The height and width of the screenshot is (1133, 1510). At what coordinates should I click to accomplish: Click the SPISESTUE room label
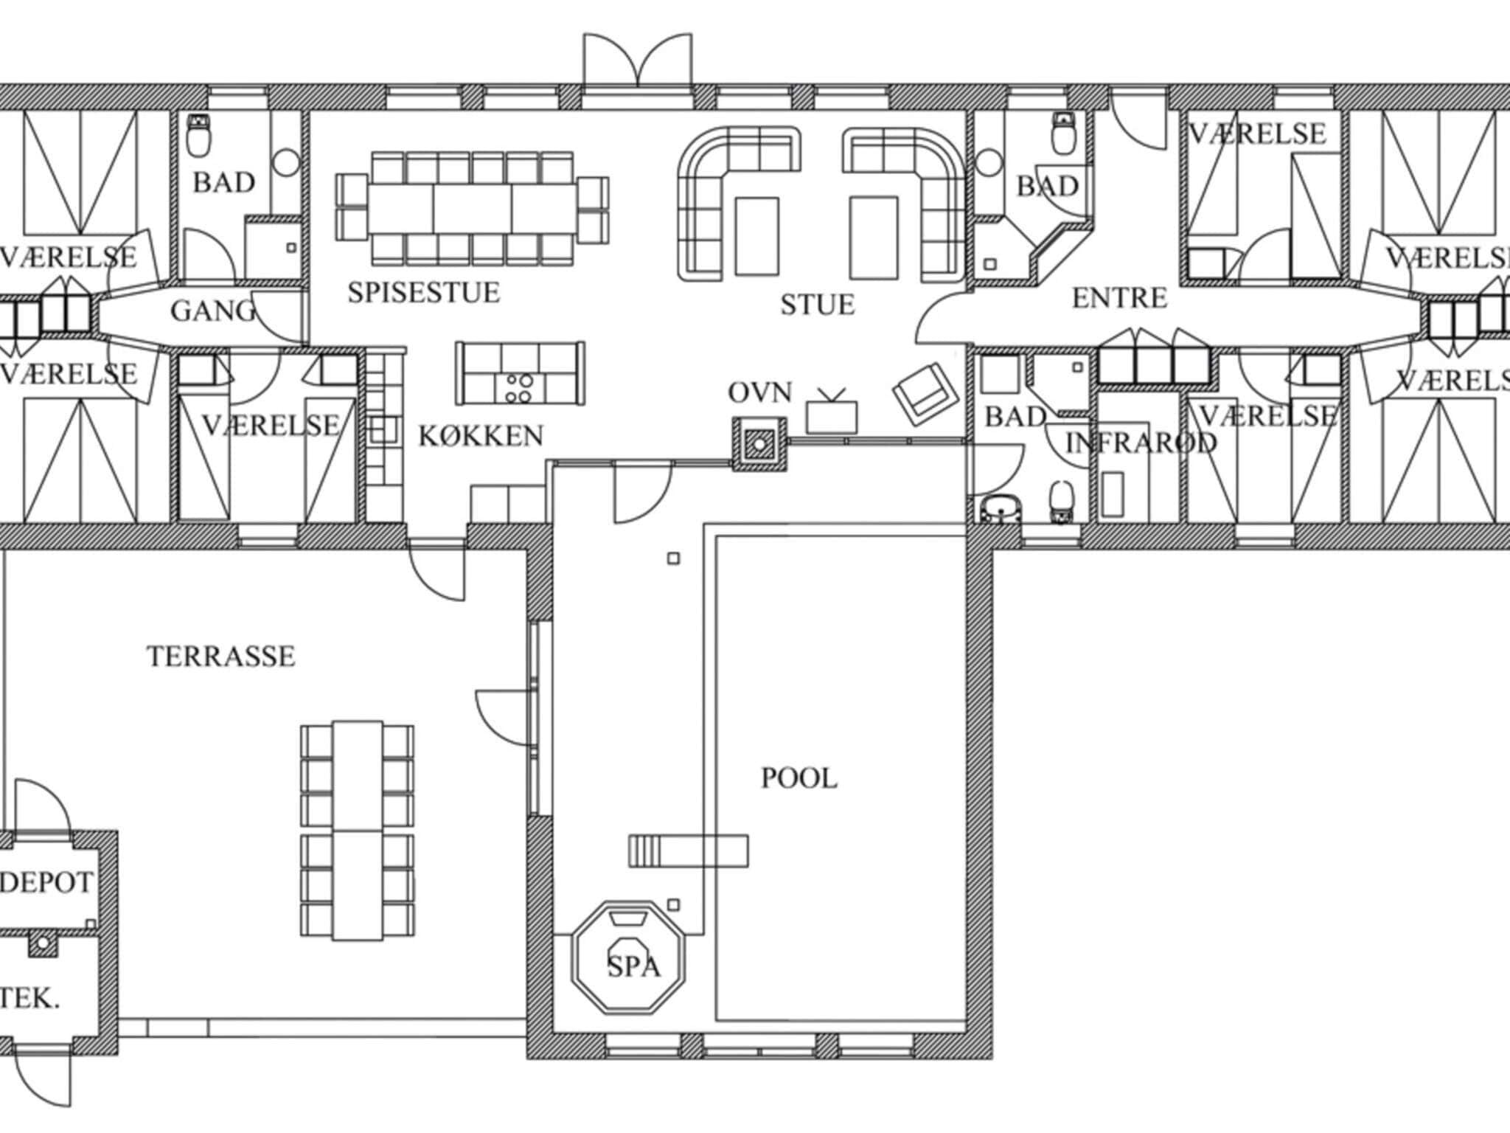pyautogui.click(x=424, y=293)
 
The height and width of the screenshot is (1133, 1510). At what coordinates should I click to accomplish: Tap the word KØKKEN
pyautogui.click(x=481, y=436)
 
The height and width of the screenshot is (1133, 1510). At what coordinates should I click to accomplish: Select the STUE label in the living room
pyautogui.click(x=818, y=305)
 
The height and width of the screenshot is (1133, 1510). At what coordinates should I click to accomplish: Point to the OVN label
pyautogui.click(x=760, y=393)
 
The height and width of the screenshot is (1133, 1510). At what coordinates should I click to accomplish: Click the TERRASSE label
pyautogui.click(x=221, y=656)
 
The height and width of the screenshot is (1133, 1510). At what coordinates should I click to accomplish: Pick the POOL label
pyautogui.click(x=799, y=779)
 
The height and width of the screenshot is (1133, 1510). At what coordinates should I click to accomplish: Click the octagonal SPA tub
pyautogui.click(x=629, y=957)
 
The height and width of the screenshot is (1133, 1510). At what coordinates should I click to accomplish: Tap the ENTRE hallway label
pyautogui.click(x=1119, y=299)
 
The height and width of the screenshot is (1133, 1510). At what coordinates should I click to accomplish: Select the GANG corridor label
pyautogui.click(x=213, y=311)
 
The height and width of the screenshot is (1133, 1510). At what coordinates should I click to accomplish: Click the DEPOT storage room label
pyautogui.click(x=46, y=882)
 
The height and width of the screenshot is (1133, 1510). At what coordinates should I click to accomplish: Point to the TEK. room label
pyautogui.click(x=29, y=999)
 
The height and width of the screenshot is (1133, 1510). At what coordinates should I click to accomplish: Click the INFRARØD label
pyautogui.click(x=1141, y=443)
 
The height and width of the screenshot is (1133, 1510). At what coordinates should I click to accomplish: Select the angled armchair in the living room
pyautogui.click(x=925, y=393)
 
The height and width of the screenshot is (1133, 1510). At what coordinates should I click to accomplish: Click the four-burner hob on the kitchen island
pyautogui.click(x=518, y=388)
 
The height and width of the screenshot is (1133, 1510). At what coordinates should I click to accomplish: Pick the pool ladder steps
pyautogui.click(x=644, y=850)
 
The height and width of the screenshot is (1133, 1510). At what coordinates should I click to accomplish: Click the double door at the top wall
pyautogui.click(x=638, y=60)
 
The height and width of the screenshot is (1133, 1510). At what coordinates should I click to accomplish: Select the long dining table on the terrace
pyautogui.click(x=358, y=831)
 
